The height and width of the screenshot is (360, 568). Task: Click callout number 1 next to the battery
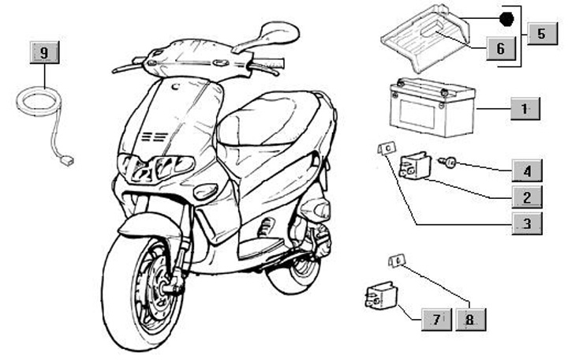tap(526, 107)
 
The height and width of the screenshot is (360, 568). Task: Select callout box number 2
tap(526, 196)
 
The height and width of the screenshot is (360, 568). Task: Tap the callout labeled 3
tap(526, 223)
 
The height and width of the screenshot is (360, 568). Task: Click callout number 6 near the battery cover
tap(500, 49)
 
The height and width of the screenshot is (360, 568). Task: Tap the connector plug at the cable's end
tap(69, 163)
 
